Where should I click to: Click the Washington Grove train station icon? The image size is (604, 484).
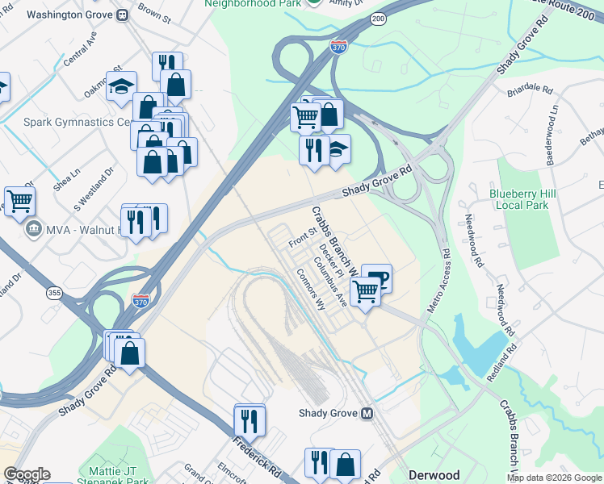pos(123,15)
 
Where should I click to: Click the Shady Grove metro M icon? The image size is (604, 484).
pos(367,413)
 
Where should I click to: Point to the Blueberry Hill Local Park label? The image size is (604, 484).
pos(530,199)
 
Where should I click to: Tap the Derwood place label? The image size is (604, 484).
pos(434,474)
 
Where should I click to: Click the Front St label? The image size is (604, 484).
pos(302,236)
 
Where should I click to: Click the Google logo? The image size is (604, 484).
pos(26,474)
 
